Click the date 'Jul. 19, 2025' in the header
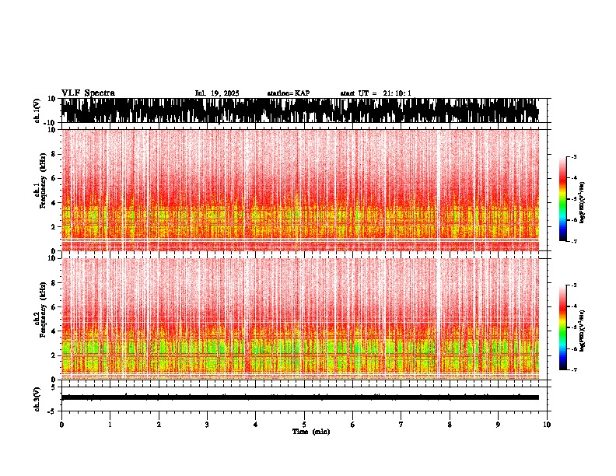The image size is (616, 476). [x=217, y=93]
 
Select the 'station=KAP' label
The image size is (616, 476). [x=289, y=93]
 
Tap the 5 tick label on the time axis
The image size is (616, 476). [x=304, y=425]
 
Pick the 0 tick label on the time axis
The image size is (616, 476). [x=61, y=425]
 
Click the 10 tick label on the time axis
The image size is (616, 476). [x=547, y=425]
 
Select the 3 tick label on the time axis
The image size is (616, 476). [x=207, y=425]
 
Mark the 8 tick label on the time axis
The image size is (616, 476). [x=450, y=425]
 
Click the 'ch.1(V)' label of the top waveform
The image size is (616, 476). [x=37, y=110]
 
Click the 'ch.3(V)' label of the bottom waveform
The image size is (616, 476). [x=37, y=397]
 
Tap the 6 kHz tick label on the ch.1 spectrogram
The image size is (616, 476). [x=52, y=179]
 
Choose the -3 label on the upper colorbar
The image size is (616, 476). [x=574, y=157]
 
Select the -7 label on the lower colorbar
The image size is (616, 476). [x=574, y=370]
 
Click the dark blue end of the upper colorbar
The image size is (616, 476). [x=563, y=237]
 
